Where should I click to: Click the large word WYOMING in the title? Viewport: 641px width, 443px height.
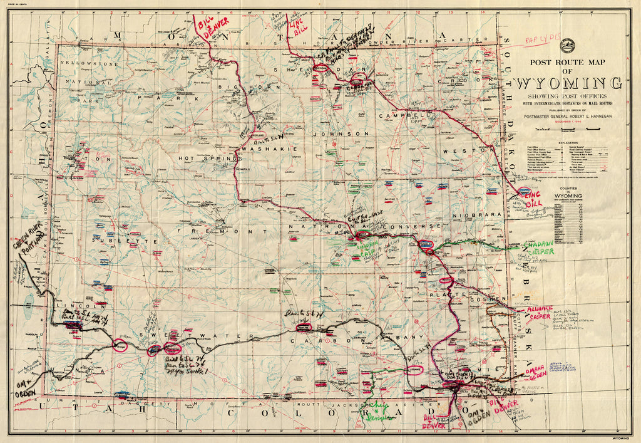568,83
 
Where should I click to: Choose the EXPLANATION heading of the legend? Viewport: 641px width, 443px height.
567,142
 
